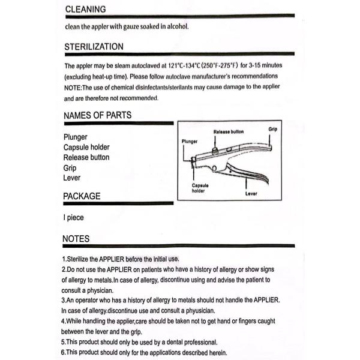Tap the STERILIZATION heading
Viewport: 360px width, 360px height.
[94, 47]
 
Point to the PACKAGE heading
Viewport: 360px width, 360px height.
[82, 196]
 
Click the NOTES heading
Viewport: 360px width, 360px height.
[76, 239]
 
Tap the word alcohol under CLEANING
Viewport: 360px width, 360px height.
[177, 26]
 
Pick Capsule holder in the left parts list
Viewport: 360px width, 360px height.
[86, 147]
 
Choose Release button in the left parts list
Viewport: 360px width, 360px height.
[86, 157]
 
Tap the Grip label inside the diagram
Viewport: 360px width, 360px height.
[272, 129]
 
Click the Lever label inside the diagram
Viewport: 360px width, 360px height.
[251, 194]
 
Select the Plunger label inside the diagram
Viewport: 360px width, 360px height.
[190, 142]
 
